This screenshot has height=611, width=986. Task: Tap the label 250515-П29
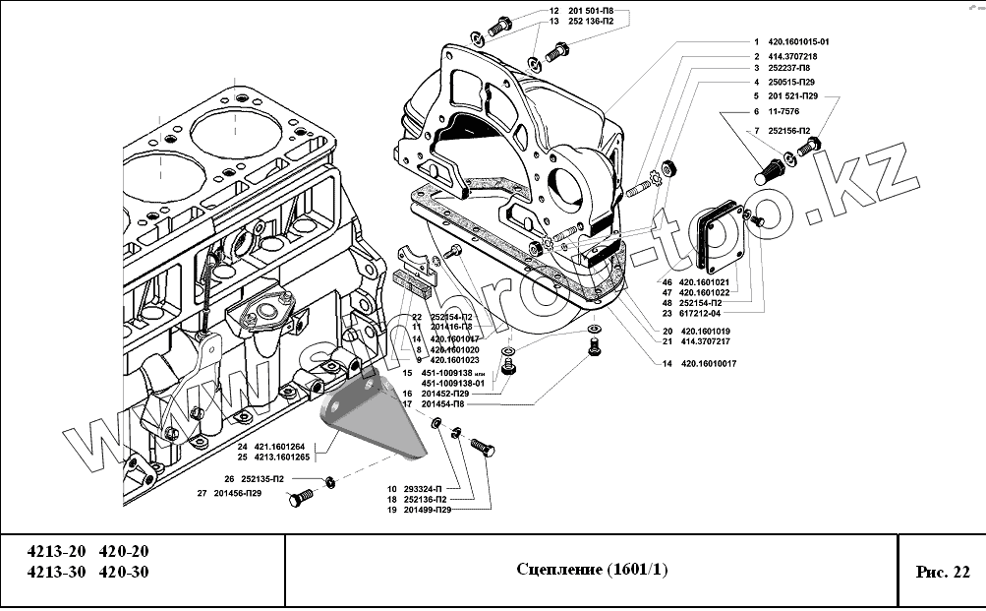[790, 83]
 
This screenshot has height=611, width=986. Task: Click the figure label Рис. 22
[941, 571]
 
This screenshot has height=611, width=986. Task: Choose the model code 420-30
[125, 572]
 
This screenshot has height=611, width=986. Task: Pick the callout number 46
[667, 282]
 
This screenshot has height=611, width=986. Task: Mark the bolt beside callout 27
[299, 500]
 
